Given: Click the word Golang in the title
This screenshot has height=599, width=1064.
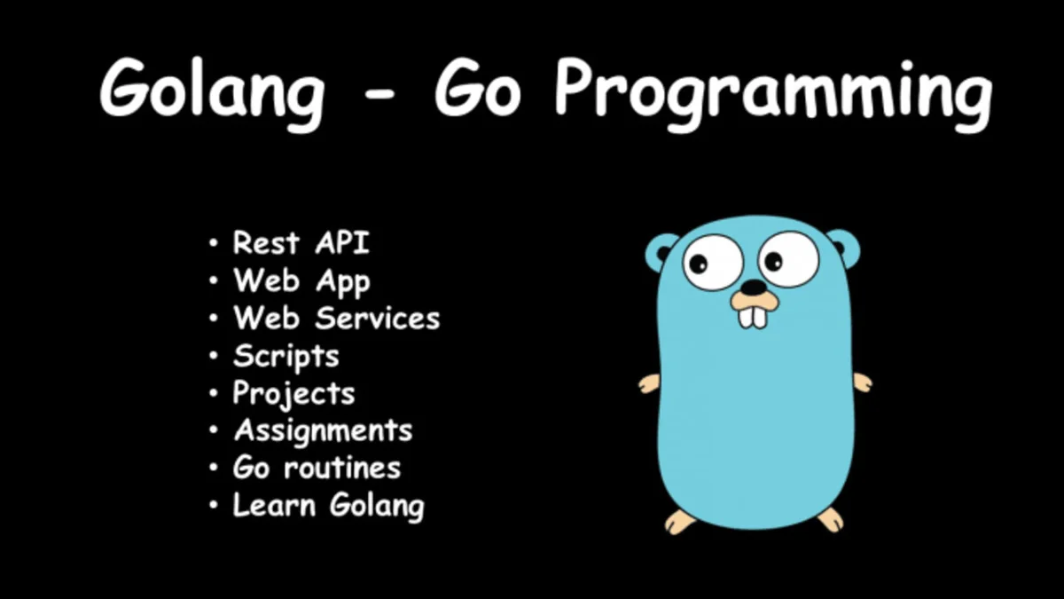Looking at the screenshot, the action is click(212, 91).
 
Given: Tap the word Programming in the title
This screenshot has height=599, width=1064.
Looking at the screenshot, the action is click(773, 91).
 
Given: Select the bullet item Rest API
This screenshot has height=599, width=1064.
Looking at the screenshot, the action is click(301, 242).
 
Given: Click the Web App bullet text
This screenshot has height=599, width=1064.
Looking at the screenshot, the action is click(301, 281).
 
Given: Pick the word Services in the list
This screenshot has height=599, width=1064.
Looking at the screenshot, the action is click(378, 318).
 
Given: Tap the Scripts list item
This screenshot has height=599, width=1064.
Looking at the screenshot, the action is click(286, 357).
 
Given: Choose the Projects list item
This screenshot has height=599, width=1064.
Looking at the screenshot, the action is click(293, 395).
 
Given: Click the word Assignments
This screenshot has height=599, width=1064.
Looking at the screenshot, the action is click(324, 431).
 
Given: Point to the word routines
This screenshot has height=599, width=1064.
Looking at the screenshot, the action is click(342, 468).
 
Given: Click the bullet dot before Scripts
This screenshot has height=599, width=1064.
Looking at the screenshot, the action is click(214, 355).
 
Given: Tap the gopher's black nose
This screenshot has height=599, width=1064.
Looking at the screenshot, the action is click(754, 288).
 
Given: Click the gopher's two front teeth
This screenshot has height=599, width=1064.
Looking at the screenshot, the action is click(753, 318).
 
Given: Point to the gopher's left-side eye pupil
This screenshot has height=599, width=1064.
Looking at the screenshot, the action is click(699, 263).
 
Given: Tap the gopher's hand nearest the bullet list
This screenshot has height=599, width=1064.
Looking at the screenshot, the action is click(649, 384).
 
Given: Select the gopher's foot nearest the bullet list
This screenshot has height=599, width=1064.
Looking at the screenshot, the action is click(680, 522).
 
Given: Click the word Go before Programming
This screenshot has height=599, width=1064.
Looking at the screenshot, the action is click(477, 89).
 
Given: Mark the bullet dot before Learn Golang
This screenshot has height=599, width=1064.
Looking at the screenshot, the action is click(214, 505).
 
